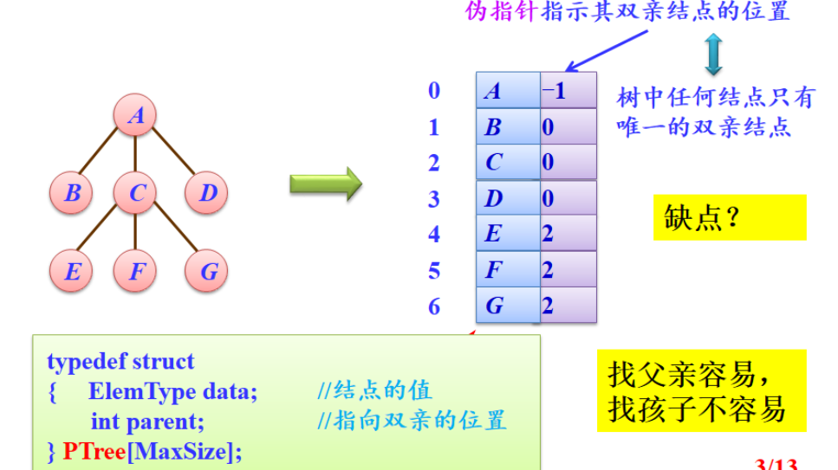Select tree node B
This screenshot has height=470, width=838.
72,193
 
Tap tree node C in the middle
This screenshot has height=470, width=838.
136,193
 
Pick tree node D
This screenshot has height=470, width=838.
207,193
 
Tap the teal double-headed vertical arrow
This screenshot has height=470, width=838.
713,53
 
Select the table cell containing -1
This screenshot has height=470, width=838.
568,90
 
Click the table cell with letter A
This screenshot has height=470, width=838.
508,90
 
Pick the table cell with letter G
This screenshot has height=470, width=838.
508,306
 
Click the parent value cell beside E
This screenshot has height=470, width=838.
568,234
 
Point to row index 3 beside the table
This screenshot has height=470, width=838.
434,198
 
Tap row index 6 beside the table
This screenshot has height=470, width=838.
434,306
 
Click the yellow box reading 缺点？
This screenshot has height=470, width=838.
729,216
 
